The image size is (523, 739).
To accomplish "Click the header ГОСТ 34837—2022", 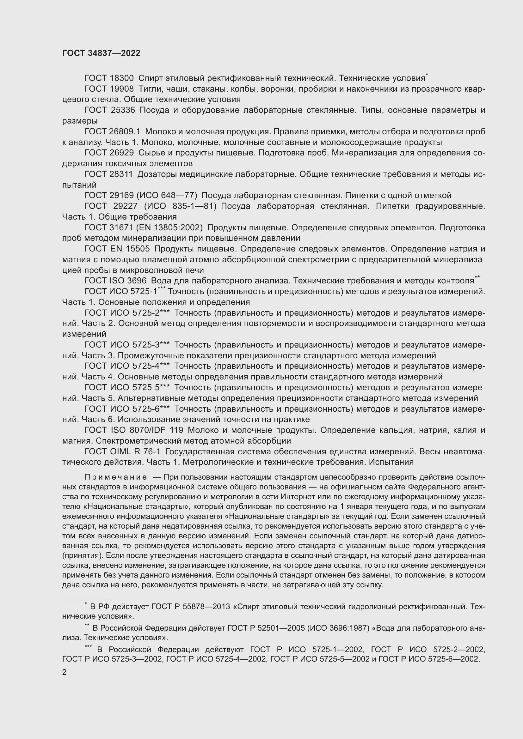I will (x=101, y=53).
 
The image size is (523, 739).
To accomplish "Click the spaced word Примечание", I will (x=116, y=477).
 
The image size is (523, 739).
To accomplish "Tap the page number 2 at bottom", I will (x=65, y=672).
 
